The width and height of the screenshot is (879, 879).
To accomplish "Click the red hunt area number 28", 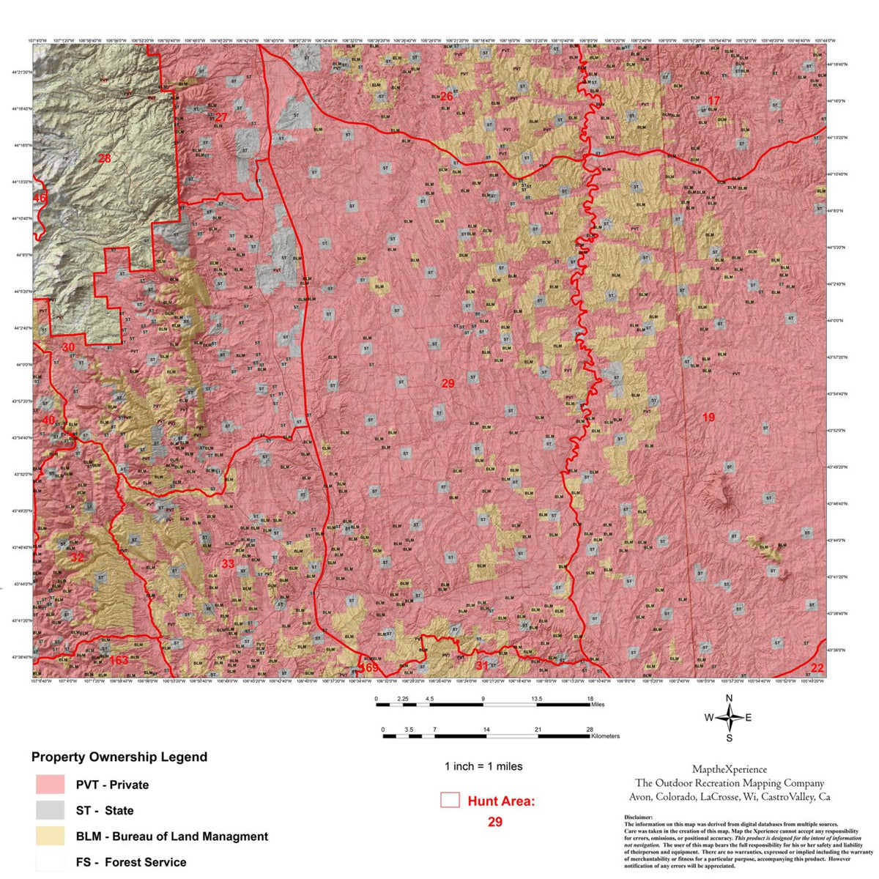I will [104, 157].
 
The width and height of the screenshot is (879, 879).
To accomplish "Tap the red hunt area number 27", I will [221, 117].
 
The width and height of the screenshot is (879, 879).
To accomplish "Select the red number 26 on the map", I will [446, 97].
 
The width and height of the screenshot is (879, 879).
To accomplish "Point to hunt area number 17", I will [713, 100].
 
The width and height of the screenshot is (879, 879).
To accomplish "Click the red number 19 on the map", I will [708, 418].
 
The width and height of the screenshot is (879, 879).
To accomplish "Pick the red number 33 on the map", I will [228, 563].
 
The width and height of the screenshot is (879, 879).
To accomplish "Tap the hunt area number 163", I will [119, 660].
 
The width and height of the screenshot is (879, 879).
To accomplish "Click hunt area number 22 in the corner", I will [817, 667].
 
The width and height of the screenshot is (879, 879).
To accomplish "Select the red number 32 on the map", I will [77, 557].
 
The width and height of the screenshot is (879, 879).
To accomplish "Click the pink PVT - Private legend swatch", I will [51, 785].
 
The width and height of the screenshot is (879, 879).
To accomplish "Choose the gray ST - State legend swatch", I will [51, 810].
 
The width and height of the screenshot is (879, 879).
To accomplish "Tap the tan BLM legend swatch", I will [51, 836].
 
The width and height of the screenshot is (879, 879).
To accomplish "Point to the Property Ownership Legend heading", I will [119, 757].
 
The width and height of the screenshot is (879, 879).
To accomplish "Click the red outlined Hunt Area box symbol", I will [450, 800].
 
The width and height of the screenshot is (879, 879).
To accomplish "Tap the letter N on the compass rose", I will [729, 698].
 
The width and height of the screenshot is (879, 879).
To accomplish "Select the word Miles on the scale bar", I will [597, 705].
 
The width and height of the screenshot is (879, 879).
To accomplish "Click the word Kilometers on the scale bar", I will [605, 736].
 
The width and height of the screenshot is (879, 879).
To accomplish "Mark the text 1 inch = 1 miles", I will [483, 766].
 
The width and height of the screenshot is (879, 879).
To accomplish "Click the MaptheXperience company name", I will [730, 769].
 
